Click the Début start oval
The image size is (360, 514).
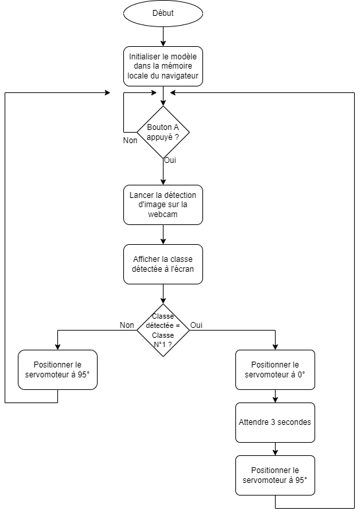tap(163, 13)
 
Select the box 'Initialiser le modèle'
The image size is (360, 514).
tap(163, 66)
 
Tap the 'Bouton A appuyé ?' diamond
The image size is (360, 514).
tap(163, 132)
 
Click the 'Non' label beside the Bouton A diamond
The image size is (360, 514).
tap(130, 141)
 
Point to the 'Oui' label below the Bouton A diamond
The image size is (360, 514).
tap(170, 160)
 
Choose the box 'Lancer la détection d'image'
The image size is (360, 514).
tap(163, 205)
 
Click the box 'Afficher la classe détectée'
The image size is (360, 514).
tap(163, 264)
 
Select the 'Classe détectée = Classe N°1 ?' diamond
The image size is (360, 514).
tap(163, 330)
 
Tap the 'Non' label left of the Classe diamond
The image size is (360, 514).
tap(127, 325)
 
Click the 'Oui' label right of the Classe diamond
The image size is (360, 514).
tap(196, 325)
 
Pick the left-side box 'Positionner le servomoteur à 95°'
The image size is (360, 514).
tap(57, 369)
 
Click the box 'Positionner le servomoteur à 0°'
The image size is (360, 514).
tap(275, 369)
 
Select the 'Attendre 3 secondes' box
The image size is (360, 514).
tap(275, 422)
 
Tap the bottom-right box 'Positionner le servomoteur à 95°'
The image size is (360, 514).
tap(275, 475)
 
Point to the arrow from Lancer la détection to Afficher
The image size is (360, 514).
tap(163, 234)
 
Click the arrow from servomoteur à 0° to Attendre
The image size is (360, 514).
tap(275, 396)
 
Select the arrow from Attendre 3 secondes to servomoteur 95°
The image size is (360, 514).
tap(275, 449)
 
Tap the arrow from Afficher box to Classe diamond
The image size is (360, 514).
tap(163, 294)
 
